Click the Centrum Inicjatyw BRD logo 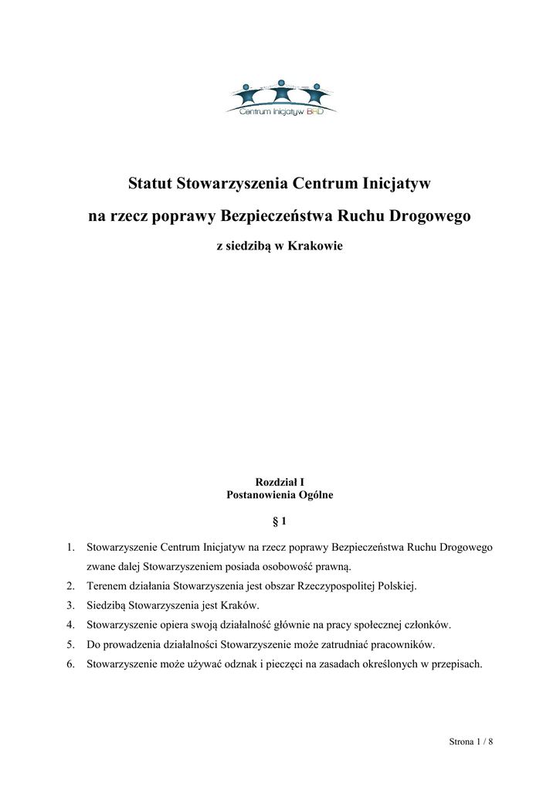(x=280, y=98)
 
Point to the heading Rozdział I (x=280, y=481)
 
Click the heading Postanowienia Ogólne (x=280, y=494)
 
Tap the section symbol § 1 (x=280, y=521)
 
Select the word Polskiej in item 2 (x=396, y=586)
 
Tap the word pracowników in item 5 (x=401, y=643)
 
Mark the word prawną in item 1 (x=334, y=566)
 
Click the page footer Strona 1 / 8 (x=470, y=742)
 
